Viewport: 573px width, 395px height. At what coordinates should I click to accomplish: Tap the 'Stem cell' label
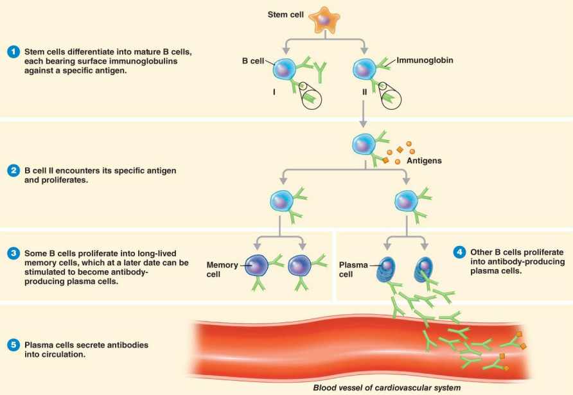coord(285,14)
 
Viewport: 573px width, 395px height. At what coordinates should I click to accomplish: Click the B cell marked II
coord(365,69)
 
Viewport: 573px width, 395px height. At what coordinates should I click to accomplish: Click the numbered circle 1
coord(13,51)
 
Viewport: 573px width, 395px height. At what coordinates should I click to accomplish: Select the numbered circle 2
coord(13,171)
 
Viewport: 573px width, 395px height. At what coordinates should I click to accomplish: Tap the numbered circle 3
coord(13,253)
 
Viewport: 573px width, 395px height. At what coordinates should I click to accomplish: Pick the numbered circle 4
coord(459,252)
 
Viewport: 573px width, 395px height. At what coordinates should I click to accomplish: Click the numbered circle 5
coord(13,345)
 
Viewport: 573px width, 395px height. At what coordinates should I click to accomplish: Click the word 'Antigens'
coord(424,161)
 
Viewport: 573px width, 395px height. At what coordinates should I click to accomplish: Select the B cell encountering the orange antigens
coord(364,145)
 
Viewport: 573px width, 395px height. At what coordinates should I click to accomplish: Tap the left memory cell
coord(256,265)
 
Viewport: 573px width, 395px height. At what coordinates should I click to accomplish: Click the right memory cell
coord(300,265)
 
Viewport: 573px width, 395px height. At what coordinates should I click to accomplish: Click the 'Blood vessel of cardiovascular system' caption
coord(387,387)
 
